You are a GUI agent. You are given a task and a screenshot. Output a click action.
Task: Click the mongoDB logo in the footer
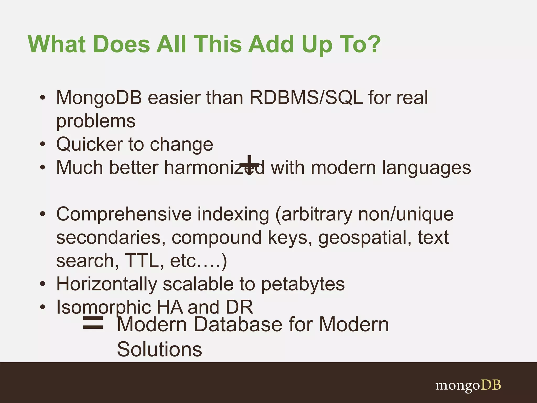click(468, 385)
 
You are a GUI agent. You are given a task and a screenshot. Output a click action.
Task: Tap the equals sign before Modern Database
click(93, 323)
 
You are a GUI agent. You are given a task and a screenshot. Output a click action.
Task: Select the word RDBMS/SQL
click(306, 98)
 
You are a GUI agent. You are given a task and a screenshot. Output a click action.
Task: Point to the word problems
click(96, 121)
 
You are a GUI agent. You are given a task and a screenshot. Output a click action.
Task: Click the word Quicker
click(89, 144)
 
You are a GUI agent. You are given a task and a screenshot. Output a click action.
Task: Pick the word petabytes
click(303, 284)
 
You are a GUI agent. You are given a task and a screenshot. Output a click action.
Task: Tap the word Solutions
click(159, 349)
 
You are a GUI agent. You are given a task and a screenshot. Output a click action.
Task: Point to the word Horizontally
click(107, 284)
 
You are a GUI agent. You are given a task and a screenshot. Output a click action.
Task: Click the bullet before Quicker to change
click(43, 144)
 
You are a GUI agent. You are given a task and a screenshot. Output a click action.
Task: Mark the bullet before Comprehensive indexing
click(43, 214)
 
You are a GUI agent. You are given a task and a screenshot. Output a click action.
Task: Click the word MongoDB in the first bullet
click(99, 98)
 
